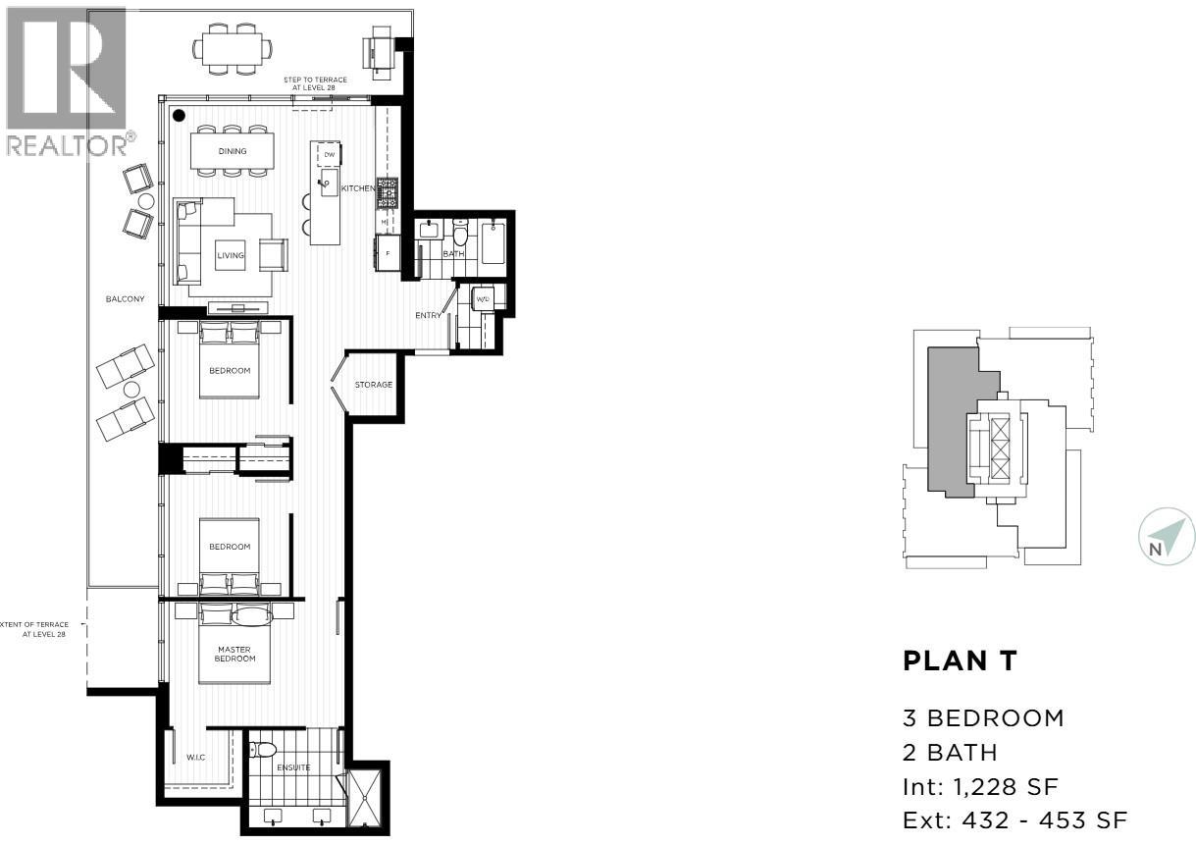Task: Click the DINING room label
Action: (x=233, y=151)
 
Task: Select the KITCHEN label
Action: (x=358, y=187)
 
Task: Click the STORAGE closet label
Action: (x=374, y=385)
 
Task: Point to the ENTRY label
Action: (x=428, y=315)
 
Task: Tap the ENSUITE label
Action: (x=294, y=767)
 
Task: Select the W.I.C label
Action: (x=194, y=758)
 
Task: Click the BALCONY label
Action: (x=127, y=298)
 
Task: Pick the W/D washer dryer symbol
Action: (x=483, y=298)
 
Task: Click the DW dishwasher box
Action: (x=330, y=155)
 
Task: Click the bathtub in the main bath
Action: (x=492, y=244)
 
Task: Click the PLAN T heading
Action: (x=960, y=661)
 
